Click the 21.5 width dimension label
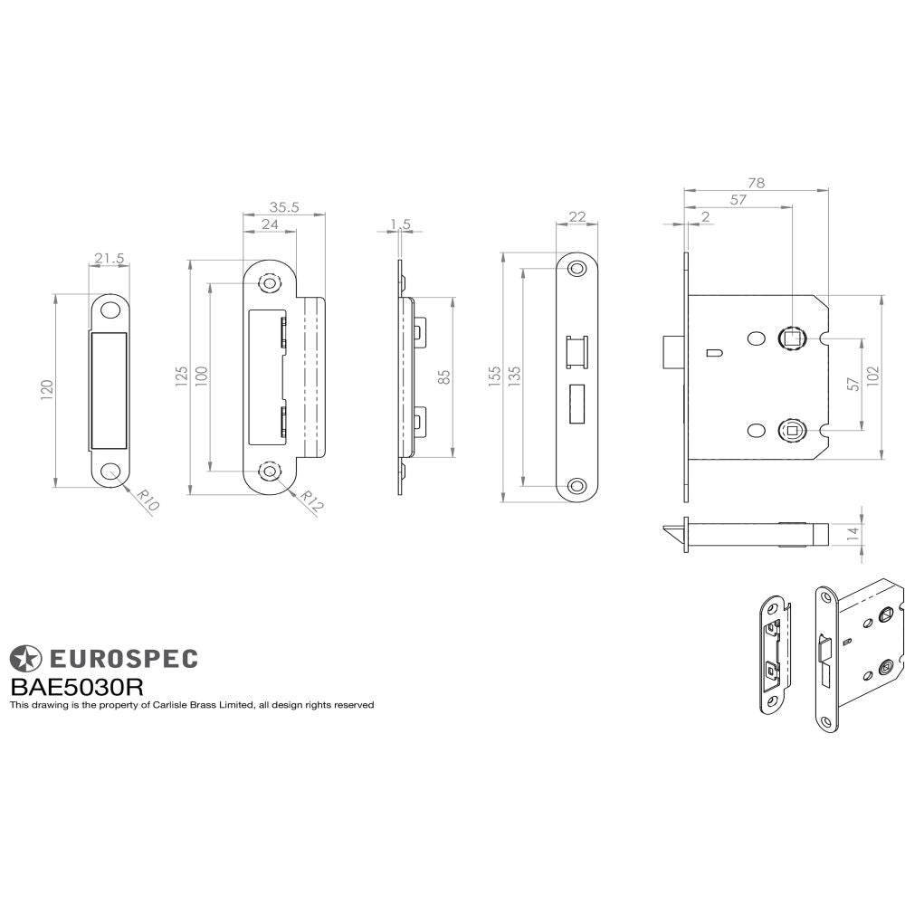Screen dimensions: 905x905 coord(109,259)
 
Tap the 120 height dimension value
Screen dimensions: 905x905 coord(47,389)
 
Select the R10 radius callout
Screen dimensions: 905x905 coord(148,500)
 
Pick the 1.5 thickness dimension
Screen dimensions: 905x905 coord(401,224)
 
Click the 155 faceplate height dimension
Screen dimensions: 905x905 coord(494,376)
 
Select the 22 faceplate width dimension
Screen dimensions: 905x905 coord(577,216)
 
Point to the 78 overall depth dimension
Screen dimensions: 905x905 coord(757,182)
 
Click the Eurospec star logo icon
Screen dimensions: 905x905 coord(25,658)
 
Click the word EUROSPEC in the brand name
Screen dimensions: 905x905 coord(122,658)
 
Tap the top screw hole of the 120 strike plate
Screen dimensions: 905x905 coord(110,310)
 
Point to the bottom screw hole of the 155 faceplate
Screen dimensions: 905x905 coord(576,485)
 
